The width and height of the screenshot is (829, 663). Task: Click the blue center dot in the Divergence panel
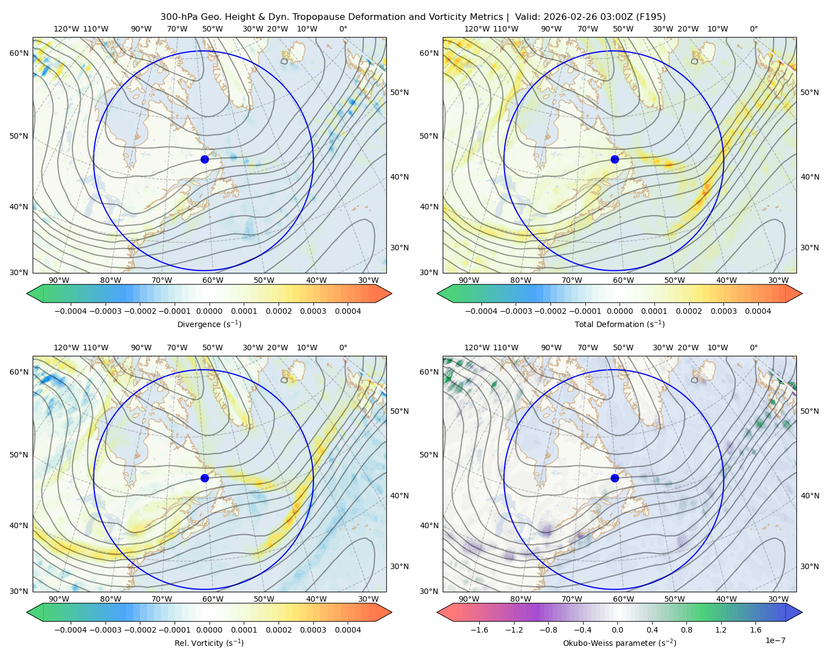click(x=204, y=159)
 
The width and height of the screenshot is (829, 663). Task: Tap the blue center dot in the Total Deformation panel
click(x=615, y=159)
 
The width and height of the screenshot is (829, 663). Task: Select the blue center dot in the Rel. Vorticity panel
click(x=204, y=478)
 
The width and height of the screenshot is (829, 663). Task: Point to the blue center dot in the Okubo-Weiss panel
click(x=615, y=478)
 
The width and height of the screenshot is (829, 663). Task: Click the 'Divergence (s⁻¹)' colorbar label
click(x=209, y=324)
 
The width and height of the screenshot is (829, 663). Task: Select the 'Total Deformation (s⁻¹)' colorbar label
click(x=620, y=324)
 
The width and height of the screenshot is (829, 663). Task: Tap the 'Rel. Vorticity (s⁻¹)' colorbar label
click(x=209, y=643)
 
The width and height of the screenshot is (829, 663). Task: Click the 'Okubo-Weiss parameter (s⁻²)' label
click(x=620, y=643)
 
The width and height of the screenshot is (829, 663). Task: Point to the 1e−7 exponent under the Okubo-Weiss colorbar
click(x=775, y=640)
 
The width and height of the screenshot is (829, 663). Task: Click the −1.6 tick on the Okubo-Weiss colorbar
click(x=479, y=629)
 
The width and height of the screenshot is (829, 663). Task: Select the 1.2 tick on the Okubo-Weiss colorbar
click(x=721, y=629)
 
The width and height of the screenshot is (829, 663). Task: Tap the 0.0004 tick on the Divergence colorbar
click(x=348, y=311)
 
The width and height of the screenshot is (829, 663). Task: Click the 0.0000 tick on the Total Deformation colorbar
click(x=620, y=311)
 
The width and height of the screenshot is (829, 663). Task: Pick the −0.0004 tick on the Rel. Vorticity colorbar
click(x=71, y=629)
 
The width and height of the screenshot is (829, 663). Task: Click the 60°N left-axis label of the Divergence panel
click(x=19, y=53)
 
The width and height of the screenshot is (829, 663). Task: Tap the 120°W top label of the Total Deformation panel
click(x=476, y=29)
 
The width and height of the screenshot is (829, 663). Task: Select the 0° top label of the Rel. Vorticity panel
click(x=343, y=347)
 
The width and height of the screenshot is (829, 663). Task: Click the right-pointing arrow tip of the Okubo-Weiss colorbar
click(x=802, y=612)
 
